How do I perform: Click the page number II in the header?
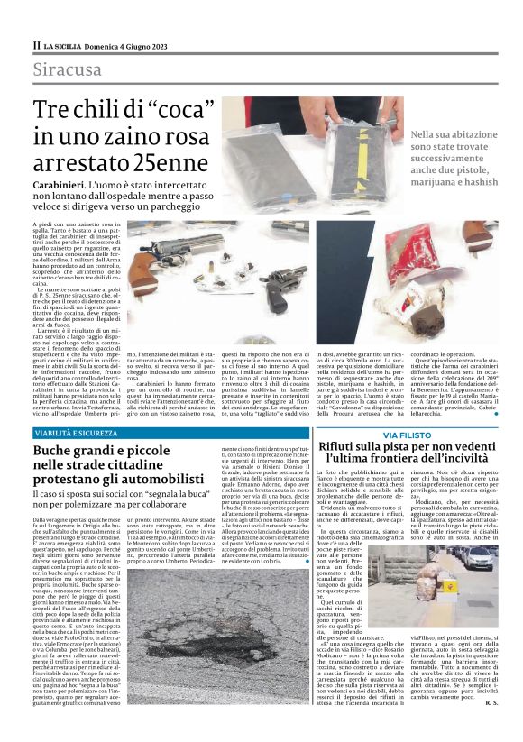(36, 44)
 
